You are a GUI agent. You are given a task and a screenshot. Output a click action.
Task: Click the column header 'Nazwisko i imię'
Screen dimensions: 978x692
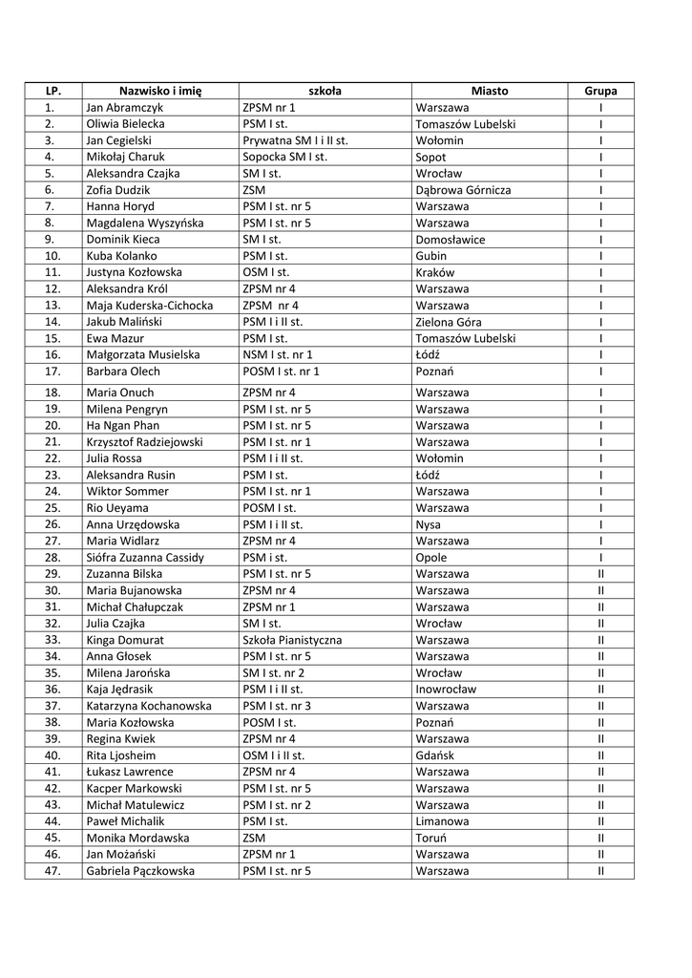(x=159, y=91)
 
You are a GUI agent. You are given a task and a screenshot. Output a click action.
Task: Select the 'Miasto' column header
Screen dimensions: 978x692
(x=490, y=91)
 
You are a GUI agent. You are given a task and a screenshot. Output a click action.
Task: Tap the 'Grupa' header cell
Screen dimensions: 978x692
(x=600, y=91)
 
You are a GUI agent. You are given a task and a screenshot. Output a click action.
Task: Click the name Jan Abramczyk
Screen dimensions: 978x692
(x=125, y=108)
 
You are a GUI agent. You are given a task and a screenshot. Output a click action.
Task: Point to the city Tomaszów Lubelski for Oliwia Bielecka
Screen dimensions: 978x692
(x=466, y=124)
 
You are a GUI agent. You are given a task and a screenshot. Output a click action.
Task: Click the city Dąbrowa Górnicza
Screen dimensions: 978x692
(x=463, y=190)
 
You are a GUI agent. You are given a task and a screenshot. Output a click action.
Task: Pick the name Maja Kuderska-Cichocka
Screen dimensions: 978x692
(x=150, y=306)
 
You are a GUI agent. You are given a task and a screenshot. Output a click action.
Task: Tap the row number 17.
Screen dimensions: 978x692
(x=52, y=372)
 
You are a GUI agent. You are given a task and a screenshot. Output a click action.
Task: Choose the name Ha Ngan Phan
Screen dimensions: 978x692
(x=123, y=425)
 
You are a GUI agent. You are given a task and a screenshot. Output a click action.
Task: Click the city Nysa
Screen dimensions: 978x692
(x=429, y=524)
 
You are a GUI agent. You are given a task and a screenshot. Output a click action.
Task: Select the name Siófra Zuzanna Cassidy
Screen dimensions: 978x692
(x=145, y=557)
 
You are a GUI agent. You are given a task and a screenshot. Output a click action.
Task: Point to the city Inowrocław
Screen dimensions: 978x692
(x=446, y=689)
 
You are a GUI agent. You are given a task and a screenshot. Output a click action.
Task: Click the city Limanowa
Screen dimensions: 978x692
(x=443, y=821)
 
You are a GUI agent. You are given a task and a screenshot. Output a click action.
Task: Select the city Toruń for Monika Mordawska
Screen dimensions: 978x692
(x=433, y=838)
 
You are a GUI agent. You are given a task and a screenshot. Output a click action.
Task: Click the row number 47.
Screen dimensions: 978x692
(x=52, y=871)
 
